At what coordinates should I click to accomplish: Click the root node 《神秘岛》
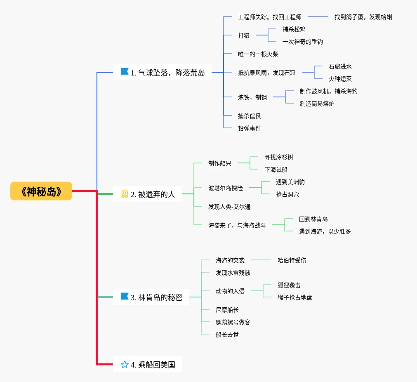point(41,191)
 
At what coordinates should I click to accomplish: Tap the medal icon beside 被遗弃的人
point(125,194)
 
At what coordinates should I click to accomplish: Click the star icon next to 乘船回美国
point(125,364)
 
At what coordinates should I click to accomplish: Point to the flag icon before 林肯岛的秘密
point(125,297)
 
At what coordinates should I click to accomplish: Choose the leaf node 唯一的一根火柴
point(258,54)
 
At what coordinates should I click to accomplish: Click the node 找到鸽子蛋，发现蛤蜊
point(363,17)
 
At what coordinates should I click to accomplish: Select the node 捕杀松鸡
point(294,29)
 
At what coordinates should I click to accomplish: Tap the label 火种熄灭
point(340,79)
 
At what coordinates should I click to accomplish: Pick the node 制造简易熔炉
point(317,104)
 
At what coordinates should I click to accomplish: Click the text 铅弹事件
point(250,128)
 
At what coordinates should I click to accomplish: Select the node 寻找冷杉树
point(279,157)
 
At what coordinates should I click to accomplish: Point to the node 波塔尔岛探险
point(226,188)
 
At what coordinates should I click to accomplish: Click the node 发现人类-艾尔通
point(229,207)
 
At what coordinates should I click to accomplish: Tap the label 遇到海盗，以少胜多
point(325,231)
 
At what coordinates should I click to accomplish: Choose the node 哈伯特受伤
point(292,260)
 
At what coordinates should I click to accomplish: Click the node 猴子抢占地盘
point(295,297)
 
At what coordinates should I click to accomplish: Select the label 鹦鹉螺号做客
point(233,322)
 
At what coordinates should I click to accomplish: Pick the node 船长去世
point(227,335)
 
